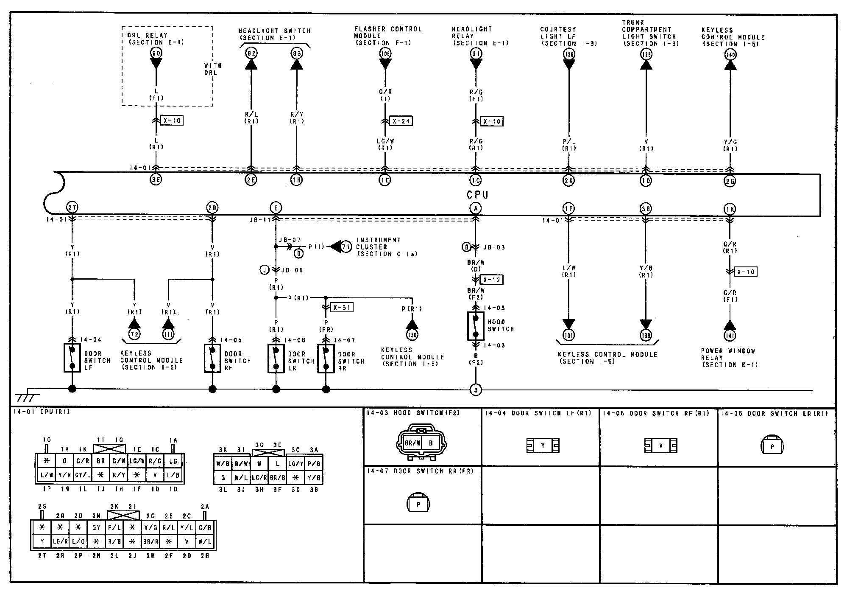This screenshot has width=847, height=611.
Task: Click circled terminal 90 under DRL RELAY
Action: (156, 53)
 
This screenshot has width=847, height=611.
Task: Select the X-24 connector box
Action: (401, 121)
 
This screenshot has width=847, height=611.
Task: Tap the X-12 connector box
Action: (492, 280)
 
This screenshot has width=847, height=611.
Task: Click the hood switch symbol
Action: (476, 326)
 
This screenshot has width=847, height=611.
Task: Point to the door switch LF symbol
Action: (72, 357)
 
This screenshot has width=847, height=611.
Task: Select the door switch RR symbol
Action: (326, 358)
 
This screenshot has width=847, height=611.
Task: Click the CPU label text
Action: (477, 195)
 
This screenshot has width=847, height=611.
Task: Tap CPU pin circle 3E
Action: (156, 179)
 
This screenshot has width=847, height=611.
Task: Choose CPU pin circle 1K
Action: (730, 209)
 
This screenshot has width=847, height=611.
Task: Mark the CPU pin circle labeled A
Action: (476, 208)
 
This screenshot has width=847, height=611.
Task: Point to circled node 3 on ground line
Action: (476, 390)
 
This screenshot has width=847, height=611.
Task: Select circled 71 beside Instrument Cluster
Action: (346, 247)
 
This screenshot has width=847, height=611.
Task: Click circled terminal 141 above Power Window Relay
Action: (730, 335)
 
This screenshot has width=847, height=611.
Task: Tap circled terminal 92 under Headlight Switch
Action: (251, 53)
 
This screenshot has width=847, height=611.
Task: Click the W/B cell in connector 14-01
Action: (223, 464)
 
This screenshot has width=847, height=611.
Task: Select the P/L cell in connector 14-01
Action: (114, 527)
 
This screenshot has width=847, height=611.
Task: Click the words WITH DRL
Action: (213, 69)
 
